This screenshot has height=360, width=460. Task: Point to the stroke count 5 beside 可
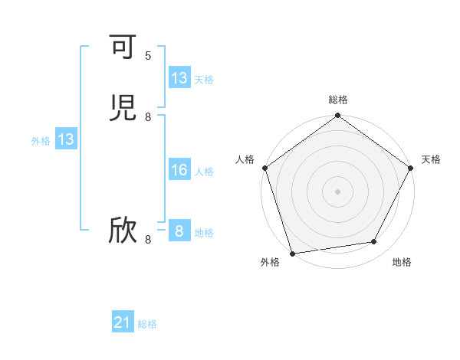click(x=148, y=55)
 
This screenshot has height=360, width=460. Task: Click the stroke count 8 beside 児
click(x=148, y=116)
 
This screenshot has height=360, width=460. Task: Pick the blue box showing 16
click(x=179, y=170)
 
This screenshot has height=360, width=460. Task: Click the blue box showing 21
click(x=123, y=323)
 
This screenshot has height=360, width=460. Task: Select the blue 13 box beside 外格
click(x=66, y=140)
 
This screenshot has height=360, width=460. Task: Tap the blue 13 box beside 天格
click(x=179, y=78)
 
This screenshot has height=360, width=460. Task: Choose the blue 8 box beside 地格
click(x=179, y=231)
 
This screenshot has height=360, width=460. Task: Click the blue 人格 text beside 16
click(x=204, y=172)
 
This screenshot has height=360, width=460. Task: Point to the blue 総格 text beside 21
click(x=147, y=325)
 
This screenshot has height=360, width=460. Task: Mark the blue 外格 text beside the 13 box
click(x=41, y=141)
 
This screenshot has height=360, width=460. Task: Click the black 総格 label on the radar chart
click(x=337, y=100)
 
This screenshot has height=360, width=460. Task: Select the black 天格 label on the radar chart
click(x=431, y=159)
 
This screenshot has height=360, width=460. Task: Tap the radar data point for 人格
click(x=264, y=168)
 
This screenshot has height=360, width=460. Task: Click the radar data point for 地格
click(x=374, y=242)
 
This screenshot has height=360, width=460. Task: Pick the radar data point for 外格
click(x=292, y=253)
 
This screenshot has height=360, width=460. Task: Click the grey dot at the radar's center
click(x=337, y=191)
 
